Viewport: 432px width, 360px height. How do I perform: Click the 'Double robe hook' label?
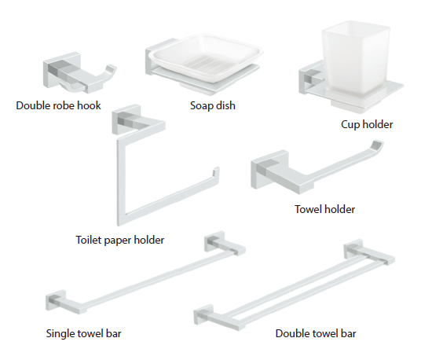coord(58,105)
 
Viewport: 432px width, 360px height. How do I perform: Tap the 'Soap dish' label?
coord(213,105)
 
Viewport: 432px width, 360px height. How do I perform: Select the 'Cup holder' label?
coord(367,125)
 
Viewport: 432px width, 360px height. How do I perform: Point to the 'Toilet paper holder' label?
coord(120,240)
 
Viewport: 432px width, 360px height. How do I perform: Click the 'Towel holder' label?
coord(325,209)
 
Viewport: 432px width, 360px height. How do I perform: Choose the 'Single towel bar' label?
coord(83,333)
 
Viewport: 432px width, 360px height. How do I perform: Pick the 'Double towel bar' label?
coord(316,333)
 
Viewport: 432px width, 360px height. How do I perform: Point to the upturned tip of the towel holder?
coord(378,146)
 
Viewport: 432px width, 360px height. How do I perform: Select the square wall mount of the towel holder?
coord(265,170)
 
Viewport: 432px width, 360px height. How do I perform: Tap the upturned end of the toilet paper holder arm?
coord(216,171)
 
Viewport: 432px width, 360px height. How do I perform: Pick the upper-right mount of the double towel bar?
coord(353,249)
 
